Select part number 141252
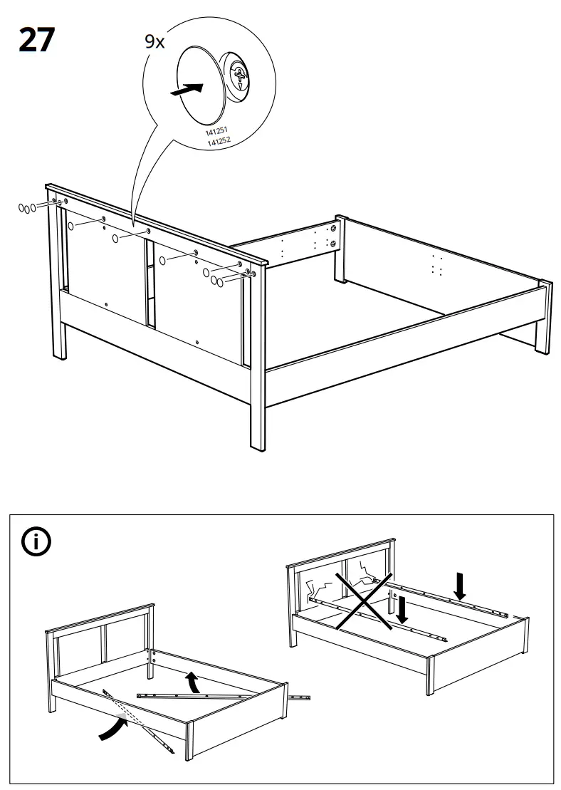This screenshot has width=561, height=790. click(x=218, y=141)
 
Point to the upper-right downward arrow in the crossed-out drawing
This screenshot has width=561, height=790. click(x=461, y=586)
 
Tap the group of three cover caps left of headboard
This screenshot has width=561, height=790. click(x=26, y=208)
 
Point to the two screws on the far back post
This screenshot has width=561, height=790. click(x=332, y=236)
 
